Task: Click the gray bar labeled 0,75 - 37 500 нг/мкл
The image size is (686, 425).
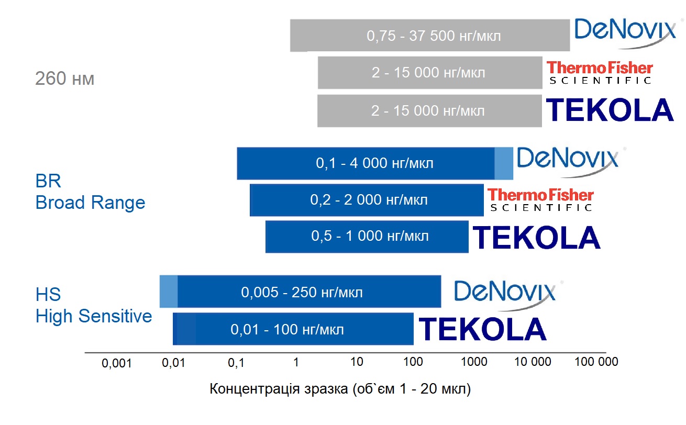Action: [430, 36]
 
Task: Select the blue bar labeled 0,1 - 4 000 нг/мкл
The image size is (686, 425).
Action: [375, 163]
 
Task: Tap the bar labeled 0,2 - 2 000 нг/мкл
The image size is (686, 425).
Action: [367, 200]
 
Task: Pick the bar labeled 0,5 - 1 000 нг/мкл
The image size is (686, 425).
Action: [367, 237]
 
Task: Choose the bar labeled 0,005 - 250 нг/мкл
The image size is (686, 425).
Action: [300, 292]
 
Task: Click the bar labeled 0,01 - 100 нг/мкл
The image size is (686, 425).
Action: [293, 329]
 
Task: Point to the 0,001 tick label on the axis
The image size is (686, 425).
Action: [116, 363]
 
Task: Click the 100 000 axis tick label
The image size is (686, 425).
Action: [596, 362]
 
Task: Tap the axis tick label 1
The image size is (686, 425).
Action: [296, 362]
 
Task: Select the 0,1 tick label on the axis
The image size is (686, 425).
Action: [236, 363]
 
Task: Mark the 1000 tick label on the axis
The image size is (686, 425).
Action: [474, 362]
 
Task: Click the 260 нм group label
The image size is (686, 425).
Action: [64, 79]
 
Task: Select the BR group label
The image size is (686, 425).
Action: [48, 181]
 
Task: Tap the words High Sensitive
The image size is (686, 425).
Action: [94, 316]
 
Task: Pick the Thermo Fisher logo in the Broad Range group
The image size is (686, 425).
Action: [540, 199]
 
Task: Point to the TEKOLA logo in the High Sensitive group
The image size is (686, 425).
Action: [482, 329]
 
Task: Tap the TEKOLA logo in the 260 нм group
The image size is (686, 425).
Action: [610, 109]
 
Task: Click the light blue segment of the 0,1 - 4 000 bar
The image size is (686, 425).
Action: [504, 163]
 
